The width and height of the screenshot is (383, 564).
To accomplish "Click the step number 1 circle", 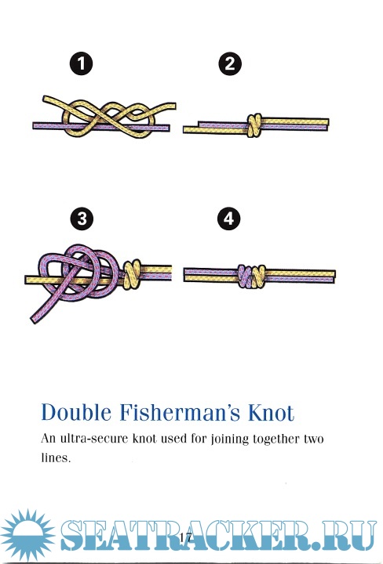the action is point(81,63).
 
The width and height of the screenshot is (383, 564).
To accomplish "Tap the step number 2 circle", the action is point(230,63).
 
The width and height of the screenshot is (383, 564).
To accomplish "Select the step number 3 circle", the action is point(82,219).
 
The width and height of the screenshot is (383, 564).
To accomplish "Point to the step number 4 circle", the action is point(229,219).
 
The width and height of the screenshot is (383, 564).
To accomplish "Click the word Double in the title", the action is point(76,412).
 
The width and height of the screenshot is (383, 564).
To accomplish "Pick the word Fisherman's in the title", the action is point(180,412).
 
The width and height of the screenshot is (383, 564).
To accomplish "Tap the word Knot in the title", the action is point(271,413).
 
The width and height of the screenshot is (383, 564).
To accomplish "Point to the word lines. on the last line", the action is point(56,457).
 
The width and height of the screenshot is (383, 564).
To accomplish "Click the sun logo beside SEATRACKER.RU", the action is point(27,535).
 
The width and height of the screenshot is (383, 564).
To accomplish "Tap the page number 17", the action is point(185,537).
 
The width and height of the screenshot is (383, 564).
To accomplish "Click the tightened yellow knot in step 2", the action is point(254,125).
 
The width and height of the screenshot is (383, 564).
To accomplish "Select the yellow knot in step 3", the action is point(132,274).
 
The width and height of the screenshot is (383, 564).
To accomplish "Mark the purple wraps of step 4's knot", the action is point(244,276).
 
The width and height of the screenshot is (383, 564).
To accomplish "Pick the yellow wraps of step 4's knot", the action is point(259,277).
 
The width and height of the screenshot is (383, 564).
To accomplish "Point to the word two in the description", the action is point(313,439).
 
